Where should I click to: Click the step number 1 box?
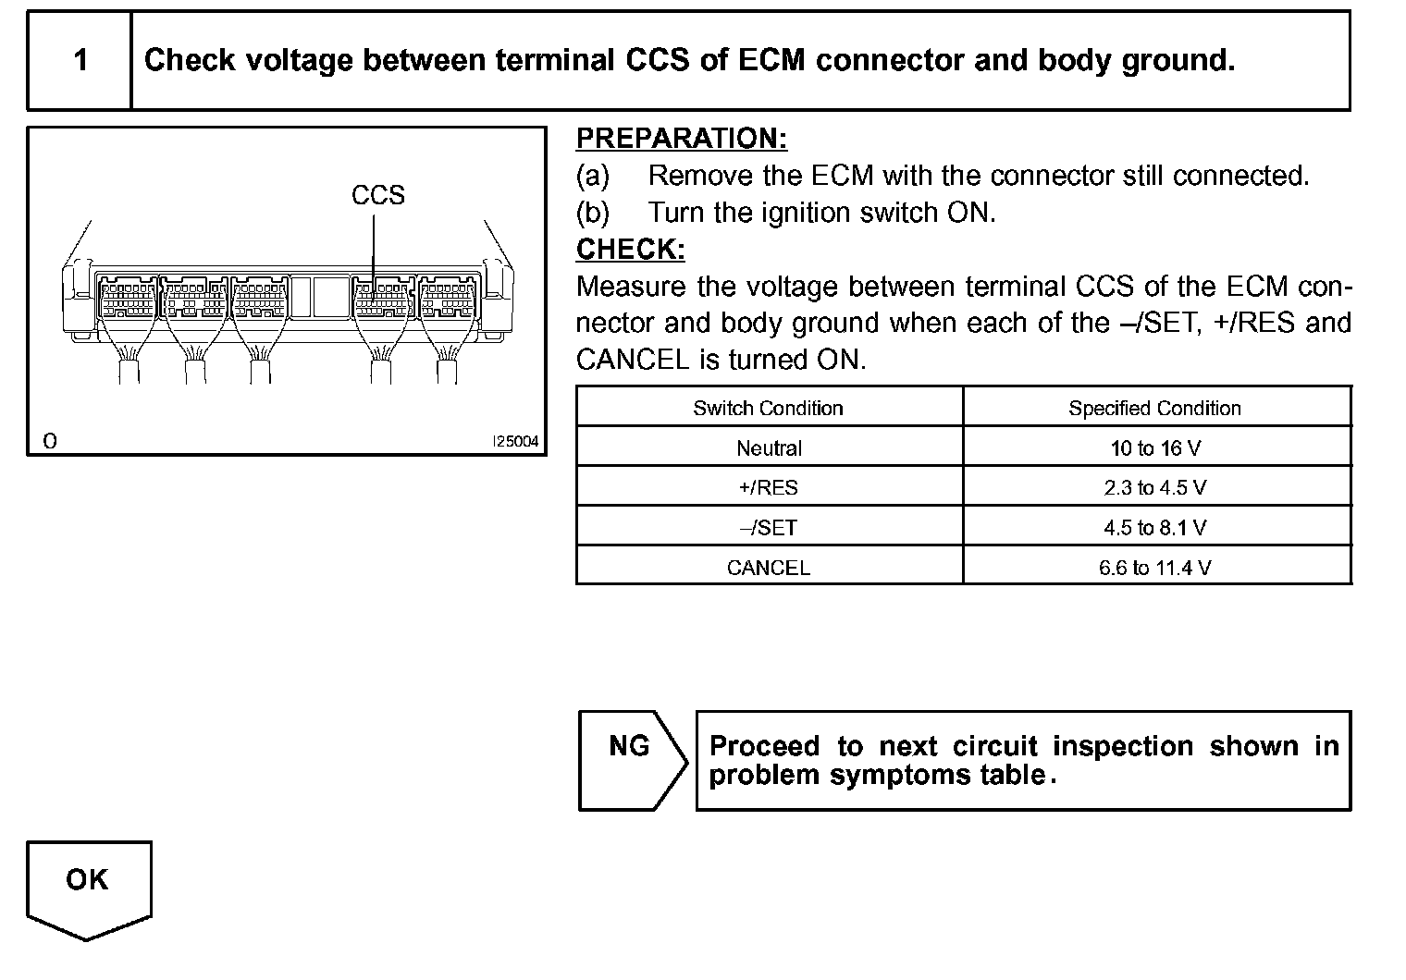pos(80,61)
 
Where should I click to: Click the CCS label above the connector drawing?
pos(377,195)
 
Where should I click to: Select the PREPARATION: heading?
pos(682,139)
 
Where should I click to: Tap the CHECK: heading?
pos(630,250)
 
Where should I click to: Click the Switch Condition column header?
pos(768,408)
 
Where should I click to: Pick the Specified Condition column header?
pos(1154,408)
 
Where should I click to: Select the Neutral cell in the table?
pos(769,448)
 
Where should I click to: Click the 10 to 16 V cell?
pos(1155,448)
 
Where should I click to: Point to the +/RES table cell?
pos(769,488)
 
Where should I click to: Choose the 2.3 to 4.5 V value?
pos(1155,488)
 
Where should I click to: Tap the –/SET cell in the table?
pos(769,528)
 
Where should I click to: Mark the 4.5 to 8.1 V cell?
pos(1155,528)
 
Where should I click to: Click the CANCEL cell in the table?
pos(769,568)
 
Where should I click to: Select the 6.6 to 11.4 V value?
pos(1155,568)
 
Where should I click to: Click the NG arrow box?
pos(631,760)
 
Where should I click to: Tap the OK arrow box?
pos(88,886)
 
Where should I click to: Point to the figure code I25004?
pos(515,442)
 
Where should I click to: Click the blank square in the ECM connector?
pos(330,296)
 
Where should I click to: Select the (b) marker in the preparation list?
pos(593,213)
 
